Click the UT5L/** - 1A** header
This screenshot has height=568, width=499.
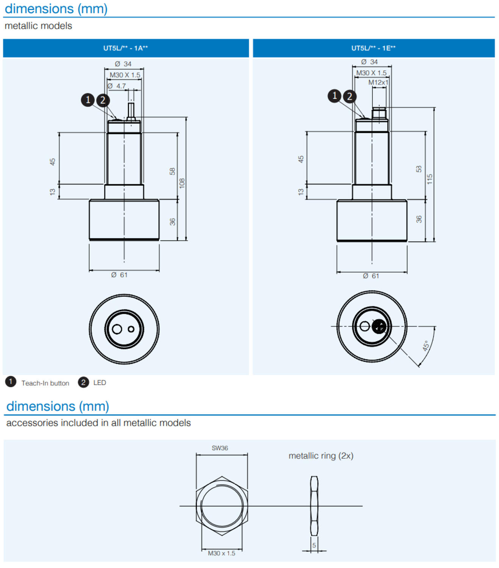(125, 48)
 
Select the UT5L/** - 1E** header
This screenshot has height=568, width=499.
(373, 48)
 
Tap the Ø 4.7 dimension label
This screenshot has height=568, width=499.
(117, 86)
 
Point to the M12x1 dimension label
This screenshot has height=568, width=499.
(378, 82)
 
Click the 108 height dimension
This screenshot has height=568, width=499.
(182, 183)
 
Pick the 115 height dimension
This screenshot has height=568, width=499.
(430, 179)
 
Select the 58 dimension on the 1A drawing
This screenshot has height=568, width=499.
(172, 171)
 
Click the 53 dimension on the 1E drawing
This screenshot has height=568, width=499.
(419, 169)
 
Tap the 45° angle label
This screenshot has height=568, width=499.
(426, 345)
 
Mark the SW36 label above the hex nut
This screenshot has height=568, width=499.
(220, 448)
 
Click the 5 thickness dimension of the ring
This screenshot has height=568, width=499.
(314, 545)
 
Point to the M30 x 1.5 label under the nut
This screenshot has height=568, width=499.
(222, 553)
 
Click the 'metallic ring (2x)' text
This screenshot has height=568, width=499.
(321, 456)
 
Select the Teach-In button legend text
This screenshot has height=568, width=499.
(45, 383)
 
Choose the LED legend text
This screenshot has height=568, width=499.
(100, 382)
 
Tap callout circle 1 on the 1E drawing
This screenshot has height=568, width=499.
(335, 96)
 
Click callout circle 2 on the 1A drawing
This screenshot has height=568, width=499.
(103, 100)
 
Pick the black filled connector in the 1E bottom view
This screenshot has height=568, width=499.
(379, 326)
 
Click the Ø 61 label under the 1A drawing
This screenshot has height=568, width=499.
(119, 275)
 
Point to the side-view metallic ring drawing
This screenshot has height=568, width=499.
(314, 506)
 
